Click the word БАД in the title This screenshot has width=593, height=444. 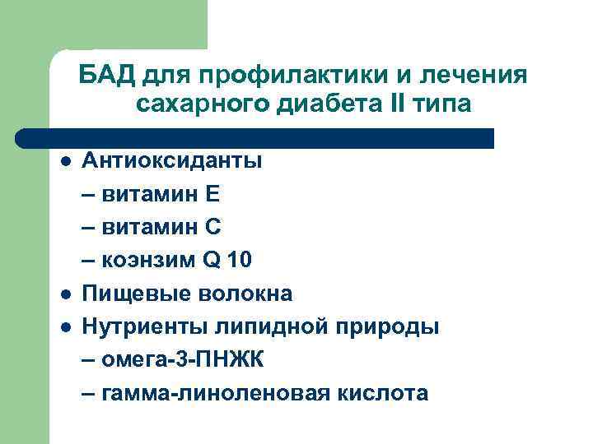[107, 76]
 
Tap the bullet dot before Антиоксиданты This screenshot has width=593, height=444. [64, 161]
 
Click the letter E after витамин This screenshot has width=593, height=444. [212, 194]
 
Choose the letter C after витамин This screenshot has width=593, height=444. [212, 227]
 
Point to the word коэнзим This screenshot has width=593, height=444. [147, 261]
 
